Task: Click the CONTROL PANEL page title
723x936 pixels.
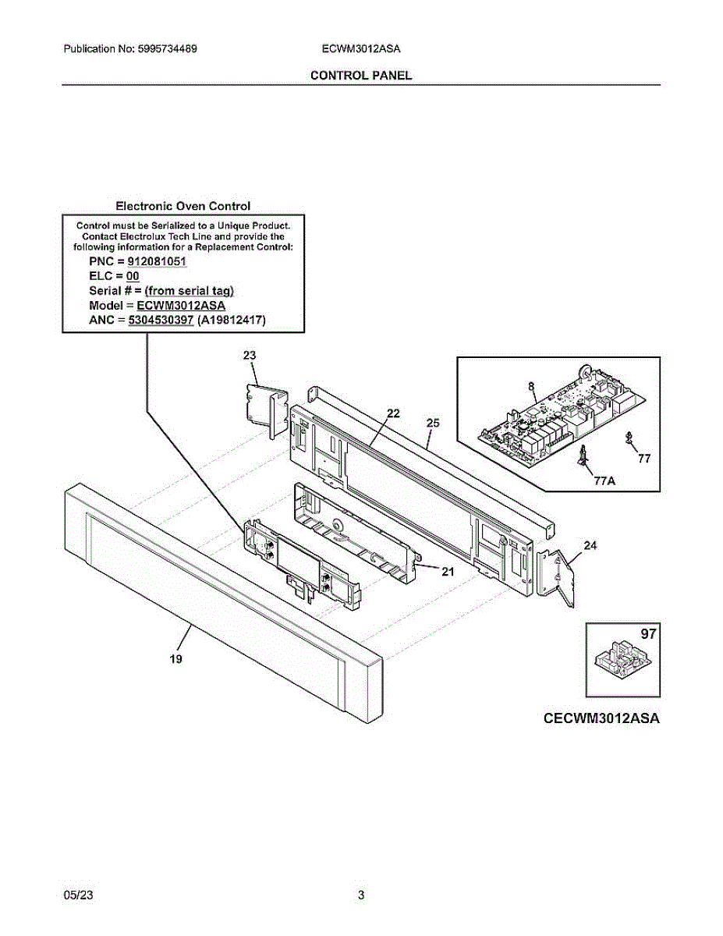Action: pyautogui.click(x=360, y=75)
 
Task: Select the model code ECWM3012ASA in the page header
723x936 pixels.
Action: pyautogui.click(x=360, y=48)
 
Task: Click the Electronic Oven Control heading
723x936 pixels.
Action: pyautogui.click(x=183, y=206)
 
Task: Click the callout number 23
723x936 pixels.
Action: pyautogui.click(x=250, y=356)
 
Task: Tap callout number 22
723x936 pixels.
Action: pyautogui.click(x=393, y=413)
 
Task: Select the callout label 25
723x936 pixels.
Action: pyautogui.click(x=433, y=423)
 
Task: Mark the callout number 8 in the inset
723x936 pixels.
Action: pyautogui.click(x=531, y=385)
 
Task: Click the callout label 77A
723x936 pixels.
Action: pyautogui.click(x=604, y=481)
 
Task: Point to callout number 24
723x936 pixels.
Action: pyautogui.click(x=590, y=545)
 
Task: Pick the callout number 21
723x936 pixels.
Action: pyautogui.click(x=448, y=572)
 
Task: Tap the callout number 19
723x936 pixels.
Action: pyautogui.click(x=176, y=659)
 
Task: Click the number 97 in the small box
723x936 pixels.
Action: pyautogui.click(x=648, y=635)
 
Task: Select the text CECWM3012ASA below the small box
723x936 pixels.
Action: pyautogui.click(x=601, y=718)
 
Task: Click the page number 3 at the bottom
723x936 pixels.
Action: pyautogui.click(x=361, y=895)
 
